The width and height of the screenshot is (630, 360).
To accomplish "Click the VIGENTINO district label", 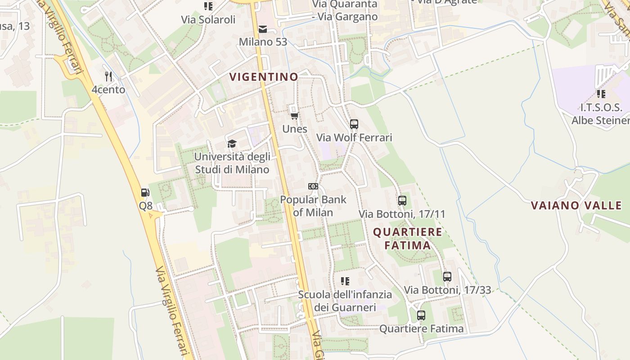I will (x=264, y=77).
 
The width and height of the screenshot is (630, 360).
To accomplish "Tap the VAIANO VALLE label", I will (x=576, y=206).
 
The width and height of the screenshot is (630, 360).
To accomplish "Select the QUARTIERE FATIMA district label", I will (x=408, y=238).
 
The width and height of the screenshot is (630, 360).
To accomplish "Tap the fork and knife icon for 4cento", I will (x=108, y=76).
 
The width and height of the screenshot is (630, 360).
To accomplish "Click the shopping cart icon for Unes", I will (x=294, y=116).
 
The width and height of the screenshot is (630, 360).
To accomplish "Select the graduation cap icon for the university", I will (x=232, y=144).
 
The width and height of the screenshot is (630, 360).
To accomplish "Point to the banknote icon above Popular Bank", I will (x=313, y=186).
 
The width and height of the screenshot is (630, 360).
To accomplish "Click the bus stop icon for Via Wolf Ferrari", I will (x=354, y=124).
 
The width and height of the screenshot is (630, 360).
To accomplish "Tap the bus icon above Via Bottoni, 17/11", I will (x=402, y=201).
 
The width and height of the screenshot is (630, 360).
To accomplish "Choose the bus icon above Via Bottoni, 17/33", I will (x=447, y=277).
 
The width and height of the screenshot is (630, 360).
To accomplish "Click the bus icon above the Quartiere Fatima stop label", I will (x=421, y=315).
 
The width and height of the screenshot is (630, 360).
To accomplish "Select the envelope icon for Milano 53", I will (x=263, y=29).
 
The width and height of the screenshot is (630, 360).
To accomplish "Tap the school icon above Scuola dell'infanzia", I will (x=345, y=281).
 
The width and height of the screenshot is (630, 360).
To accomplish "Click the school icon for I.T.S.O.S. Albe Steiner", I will (x=601, y=94).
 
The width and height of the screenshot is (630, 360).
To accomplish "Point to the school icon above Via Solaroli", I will (x=208, y=6).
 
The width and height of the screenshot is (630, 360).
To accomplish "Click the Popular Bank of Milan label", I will (x=313, y=206).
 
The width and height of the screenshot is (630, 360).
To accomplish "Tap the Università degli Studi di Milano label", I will (x=232, y=163).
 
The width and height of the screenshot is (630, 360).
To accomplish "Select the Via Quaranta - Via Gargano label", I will (x=345, y=10).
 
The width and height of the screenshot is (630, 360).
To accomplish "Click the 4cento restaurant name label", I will (x=108, y=90).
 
